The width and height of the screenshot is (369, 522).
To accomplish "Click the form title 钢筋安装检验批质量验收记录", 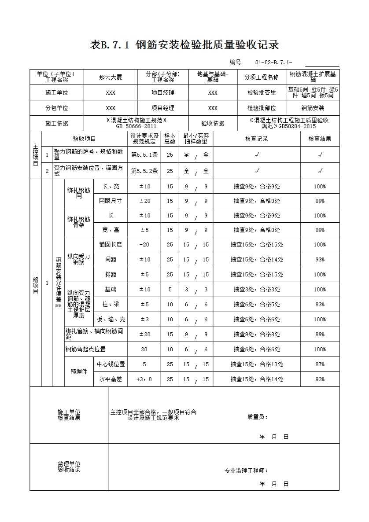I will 184,45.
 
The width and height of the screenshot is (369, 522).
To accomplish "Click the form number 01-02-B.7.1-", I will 273,62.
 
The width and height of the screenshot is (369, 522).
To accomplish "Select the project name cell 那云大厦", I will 111,77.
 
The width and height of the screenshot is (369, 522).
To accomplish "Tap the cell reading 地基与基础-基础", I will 213,77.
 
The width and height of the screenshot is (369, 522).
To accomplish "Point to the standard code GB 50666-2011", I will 136,126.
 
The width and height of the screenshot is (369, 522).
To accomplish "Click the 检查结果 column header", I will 320,139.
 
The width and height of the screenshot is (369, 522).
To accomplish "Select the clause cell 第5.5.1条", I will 144,155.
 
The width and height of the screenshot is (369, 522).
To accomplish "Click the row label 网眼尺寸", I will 111,201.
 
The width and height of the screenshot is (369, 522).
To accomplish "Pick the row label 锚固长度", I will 111,245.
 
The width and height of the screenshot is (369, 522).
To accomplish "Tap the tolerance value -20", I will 144,245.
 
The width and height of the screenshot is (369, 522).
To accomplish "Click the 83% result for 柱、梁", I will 320,305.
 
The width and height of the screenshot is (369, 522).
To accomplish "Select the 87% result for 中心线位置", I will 320,364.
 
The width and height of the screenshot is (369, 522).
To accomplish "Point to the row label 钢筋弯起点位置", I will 85,349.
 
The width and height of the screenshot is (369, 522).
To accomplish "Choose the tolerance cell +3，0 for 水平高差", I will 144,379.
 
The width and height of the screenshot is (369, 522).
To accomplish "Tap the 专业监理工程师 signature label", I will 246,471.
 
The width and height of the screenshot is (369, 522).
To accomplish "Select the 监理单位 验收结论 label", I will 69,467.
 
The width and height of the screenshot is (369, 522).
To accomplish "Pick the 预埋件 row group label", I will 79,372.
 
